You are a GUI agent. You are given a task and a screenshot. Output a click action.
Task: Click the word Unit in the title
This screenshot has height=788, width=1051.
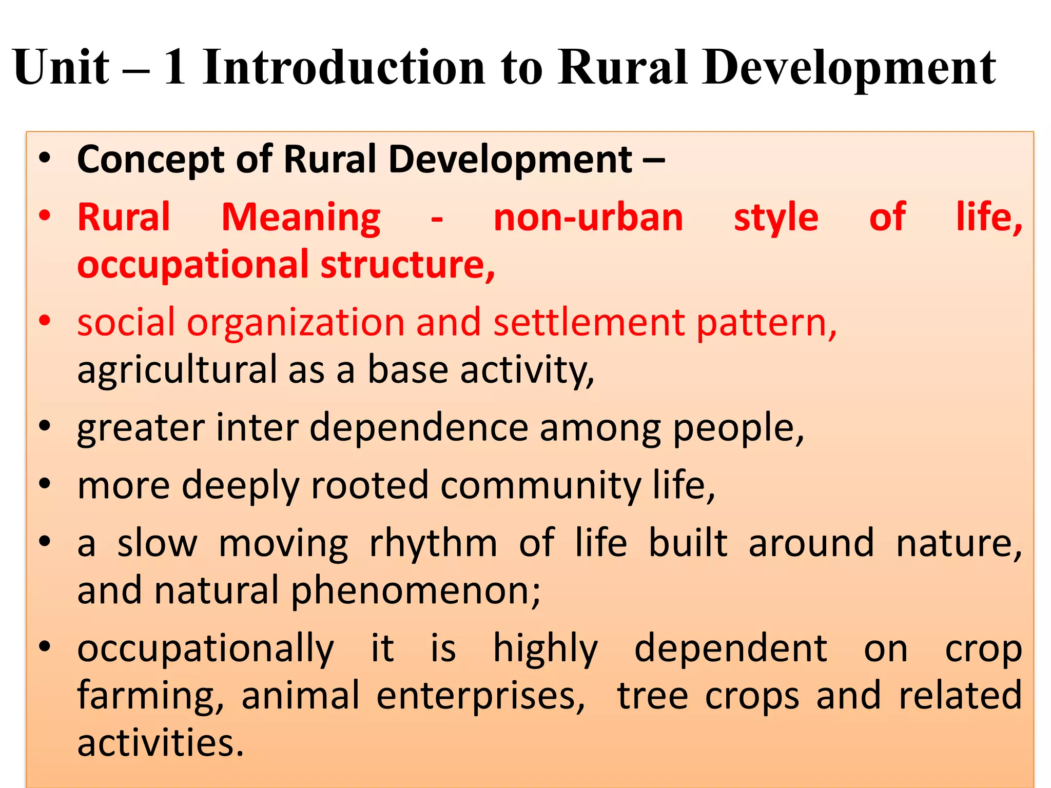coord(61,67)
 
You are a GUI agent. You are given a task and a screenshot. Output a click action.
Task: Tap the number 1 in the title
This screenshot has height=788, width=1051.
coord(174,67)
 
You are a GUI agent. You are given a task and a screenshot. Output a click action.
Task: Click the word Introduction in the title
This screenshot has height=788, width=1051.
coord(344,67)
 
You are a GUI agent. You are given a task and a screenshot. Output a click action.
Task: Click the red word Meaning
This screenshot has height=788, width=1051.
coord(301,218)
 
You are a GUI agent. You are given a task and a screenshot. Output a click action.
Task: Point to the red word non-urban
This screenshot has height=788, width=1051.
coord(588,218)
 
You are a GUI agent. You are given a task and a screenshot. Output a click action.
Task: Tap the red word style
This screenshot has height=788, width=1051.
coord(776,218)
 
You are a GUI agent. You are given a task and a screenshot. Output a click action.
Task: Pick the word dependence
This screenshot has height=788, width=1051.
coord(419,428)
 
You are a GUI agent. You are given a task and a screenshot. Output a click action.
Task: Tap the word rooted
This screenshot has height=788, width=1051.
coord(369,485)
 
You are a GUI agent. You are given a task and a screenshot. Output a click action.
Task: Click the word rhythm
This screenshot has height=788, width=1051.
coord(433,543)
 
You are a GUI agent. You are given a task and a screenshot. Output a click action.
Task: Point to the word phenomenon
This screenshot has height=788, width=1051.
coord(416,591)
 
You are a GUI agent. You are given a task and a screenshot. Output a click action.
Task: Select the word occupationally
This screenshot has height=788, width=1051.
coord(205,649)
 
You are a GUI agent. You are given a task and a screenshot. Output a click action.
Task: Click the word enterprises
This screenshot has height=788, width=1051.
coord(480,696)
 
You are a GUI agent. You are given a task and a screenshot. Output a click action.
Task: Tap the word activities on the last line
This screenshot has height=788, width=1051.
coord(160,743)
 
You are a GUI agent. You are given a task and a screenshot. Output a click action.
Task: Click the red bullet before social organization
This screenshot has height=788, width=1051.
coord(45,321)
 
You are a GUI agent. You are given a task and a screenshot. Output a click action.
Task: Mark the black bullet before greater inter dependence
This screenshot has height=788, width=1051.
coord(45,426)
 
